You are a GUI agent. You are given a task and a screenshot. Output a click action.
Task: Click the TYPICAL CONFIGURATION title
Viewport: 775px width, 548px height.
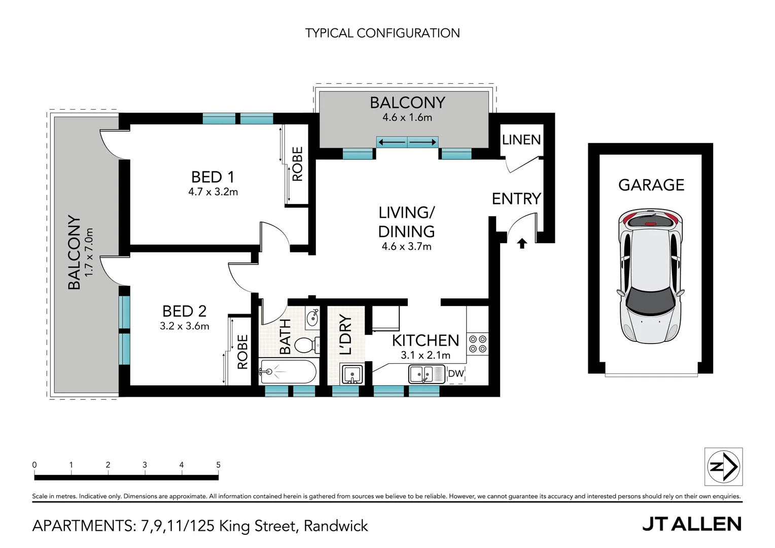pyautogui.click(x=382, y=33)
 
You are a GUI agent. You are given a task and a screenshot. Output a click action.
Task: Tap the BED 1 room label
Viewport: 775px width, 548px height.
pyautogui.click(x=213, y=177)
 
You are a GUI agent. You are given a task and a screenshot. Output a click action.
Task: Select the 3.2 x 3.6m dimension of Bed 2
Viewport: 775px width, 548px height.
pyautogui.click(x=185, y=326)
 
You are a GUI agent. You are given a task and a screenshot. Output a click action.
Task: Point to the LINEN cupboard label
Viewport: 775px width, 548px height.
pyautogui.click(x=521, y=140)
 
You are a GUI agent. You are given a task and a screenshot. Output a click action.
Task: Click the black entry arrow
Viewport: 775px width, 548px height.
pyautogui.click(x=521, y=244)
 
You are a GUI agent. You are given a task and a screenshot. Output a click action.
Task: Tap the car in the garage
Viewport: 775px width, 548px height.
pyautogui.click(x=651, y=276)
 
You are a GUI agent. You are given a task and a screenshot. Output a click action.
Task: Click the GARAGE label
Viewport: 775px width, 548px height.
pyautogui.click(x=651, y=185)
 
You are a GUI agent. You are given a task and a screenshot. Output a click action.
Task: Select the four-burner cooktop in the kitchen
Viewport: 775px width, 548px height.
pyautogui.click(x=477, y=344)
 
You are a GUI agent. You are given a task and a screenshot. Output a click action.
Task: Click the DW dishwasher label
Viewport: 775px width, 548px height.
pyautogui.click(x=455, y=374)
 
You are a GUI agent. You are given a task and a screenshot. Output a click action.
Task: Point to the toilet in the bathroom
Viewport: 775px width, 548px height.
pyautogui.click(x=306, y=345)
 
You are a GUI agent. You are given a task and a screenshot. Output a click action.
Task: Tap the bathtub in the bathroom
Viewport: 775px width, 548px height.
pyautogui.click(x=288, y=371)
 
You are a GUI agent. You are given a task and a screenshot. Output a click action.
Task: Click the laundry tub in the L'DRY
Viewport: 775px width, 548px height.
pyautogui.click(x=351, y=374)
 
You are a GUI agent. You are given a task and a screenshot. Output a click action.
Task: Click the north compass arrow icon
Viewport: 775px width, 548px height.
pyautogui.click(x=724, y=467)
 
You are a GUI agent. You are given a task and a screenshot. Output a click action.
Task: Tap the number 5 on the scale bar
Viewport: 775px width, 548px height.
pyautogui.click(x=218, y=465)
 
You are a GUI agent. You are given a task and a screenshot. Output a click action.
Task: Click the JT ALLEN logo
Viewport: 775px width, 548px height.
pyautogui.click(x=692, y=524)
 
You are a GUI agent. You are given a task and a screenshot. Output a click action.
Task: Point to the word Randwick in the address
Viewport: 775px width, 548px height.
pyautogui.click(x=336, y=526)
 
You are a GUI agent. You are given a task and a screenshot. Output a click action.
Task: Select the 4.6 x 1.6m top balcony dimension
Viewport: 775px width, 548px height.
pyautogui.click(x=407, y=117)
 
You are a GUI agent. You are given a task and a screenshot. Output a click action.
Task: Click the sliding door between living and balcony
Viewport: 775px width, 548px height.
pyautogui.click(x=407, y=143)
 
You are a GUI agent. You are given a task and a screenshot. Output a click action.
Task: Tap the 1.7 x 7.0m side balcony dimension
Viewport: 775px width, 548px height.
pyautogui.click(x=89, y=252)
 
